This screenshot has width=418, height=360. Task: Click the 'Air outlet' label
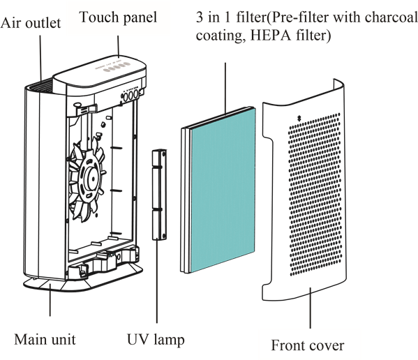pyautogui.click(x=31, y=23)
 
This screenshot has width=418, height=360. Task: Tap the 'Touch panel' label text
pyautogui.click(x=118, y=17)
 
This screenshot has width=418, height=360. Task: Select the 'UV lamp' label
pyautogui.click(x=156, y=340)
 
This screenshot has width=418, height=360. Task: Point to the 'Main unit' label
pyautogui.click(x=45, y=340)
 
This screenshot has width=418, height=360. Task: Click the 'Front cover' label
pyautogui.click(x=308, y=345)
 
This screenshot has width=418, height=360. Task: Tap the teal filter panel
pyautogui.click(x=223, y=190)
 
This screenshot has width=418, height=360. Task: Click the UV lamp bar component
pyautogui.click(x=159, y=195)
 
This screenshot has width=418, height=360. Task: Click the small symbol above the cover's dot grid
pyautogui.click(x=299, y=118)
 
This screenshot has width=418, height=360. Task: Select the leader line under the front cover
pyautogui.click(x=310, y=308)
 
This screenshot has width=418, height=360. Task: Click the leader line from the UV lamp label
pyautogui.click(x=157, y=281)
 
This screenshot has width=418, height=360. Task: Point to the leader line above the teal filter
pyautogui.click(x=225, y=88)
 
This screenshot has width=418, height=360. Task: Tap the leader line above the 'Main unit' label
pyautogui.click(x=50, y=300)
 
